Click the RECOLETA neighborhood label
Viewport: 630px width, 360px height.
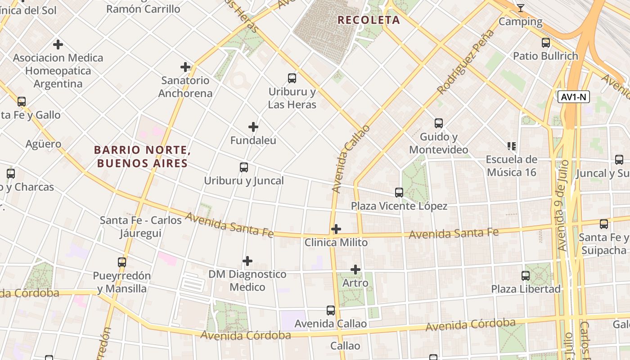pos(369,20)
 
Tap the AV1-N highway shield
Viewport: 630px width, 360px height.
pos(574,97)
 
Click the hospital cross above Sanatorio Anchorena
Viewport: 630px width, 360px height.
pos(185,67)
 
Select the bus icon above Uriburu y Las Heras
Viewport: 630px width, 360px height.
pos(292,78)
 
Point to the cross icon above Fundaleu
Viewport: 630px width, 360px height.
pos(253,127)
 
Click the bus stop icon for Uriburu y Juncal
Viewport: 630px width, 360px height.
pos(244,167)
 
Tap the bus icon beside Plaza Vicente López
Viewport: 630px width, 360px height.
pos(399,193)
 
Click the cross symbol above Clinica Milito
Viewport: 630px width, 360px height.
pos(336,229)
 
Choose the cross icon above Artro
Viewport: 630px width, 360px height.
pos(355,270)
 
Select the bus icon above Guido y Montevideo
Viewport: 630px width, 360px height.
pos(439,123)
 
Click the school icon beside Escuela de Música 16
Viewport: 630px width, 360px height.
pos(512,146)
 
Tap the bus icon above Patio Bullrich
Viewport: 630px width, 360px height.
pos(546,43)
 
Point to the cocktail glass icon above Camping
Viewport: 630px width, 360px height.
pos(521,8)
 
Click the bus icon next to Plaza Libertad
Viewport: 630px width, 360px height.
pos(526,275)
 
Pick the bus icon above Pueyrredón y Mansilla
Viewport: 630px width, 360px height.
pos(122,262)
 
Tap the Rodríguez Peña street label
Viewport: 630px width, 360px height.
pos(465,62)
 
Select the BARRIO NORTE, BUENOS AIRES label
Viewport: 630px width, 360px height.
pos(142,156)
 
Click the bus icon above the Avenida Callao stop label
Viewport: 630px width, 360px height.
pos(331,310)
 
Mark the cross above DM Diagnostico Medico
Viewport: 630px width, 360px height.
pos(247,261)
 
